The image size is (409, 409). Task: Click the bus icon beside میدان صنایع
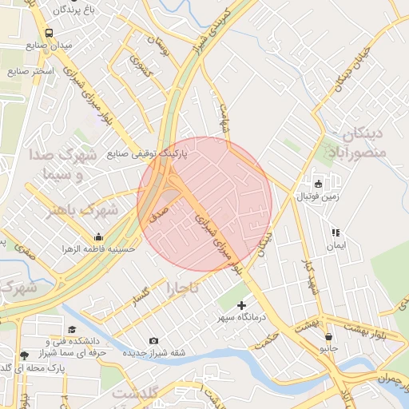pos(50,34)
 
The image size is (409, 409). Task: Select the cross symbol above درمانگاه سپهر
pos(242,305)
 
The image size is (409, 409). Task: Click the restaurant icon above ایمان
pos(336,232)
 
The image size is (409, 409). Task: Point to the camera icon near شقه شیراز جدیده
pos(154,340)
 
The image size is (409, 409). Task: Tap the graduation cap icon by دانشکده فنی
pos(72,329)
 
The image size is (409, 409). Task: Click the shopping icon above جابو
pos(329,336)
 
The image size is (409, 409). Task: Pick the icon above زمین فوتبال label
pos(318,184)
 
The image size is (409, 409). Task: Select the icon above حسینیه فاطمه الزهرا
pos(98,236)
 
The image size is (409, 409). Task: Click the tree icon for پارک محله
pos(23,355)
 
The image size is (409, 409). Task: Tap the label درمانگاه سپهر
pos(246,318)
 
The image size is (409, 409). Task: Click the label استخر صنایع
pos(30,71)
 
